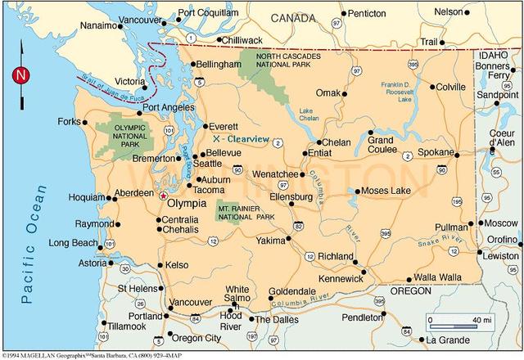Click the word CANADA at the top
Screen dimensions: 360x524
coord(292,17)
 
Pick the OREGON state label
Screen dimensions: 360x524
coord(409,290)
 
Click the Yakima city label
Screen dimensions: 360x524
coord(269,241)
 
